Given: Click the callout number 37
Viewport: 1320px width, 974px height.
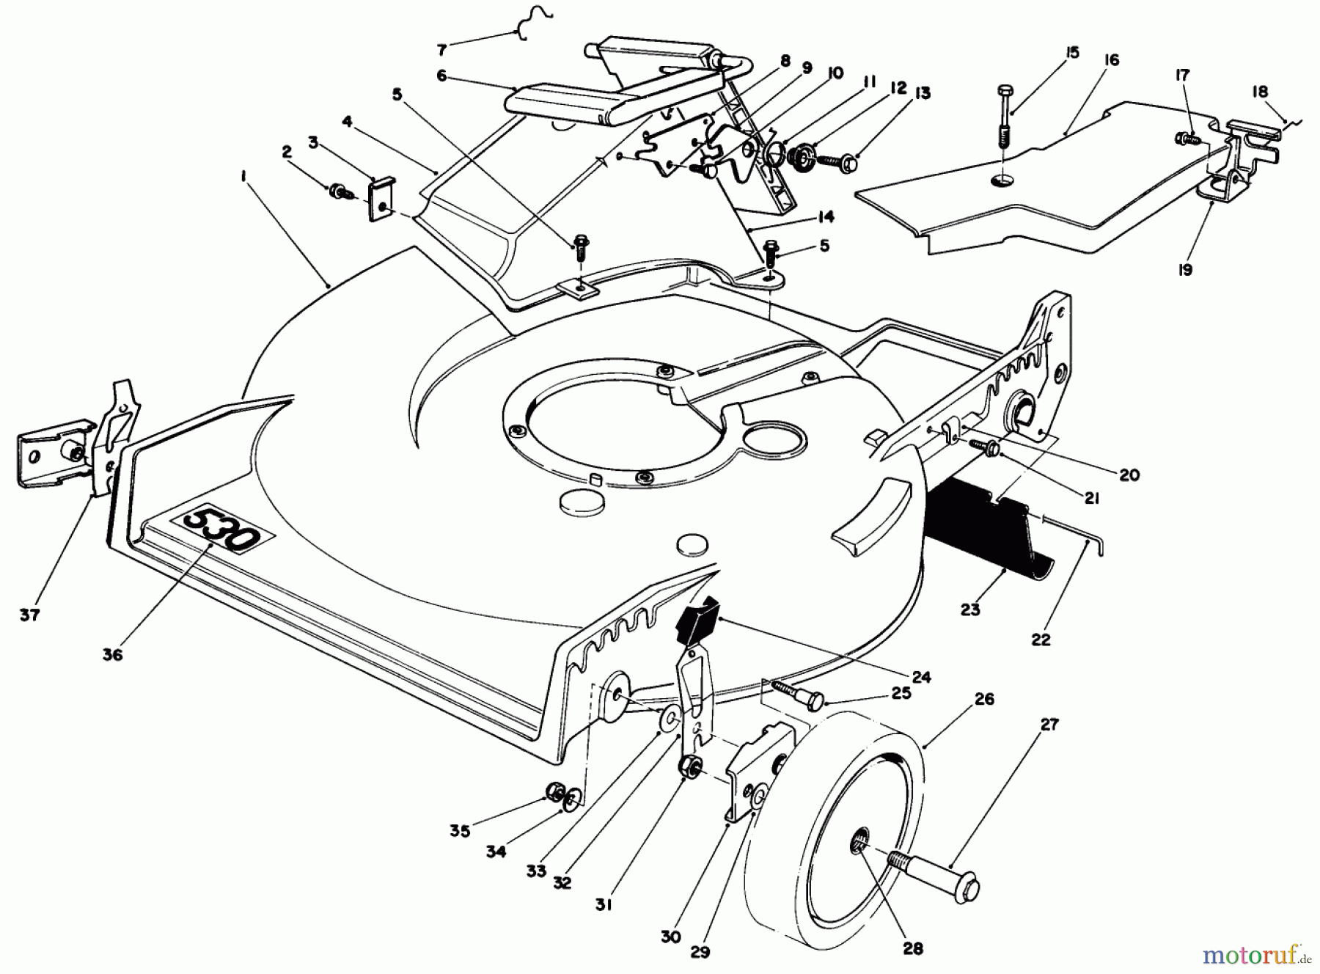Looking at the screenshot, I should [x=29, y=615].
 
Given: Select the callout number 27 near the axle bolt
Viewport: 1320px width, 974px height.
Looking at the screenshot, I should [x=1050, y=725].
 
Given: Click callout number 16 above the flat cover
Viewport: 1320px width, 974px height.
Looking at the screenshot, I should [x=1112, y=60].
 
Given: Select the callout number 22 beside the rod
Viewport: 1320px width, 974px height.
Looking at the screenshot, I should [x=1041, y=640].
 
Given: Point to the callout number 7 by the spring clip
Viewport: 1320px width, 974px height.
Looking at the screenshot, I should [x=441, y=50].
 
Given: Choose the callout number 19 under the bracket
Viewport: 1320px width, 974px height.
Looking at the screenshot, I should [x=1185, y=269].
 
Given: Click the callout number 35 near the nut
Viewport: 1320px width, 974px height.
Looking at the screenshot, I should [x=459, y=831].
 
